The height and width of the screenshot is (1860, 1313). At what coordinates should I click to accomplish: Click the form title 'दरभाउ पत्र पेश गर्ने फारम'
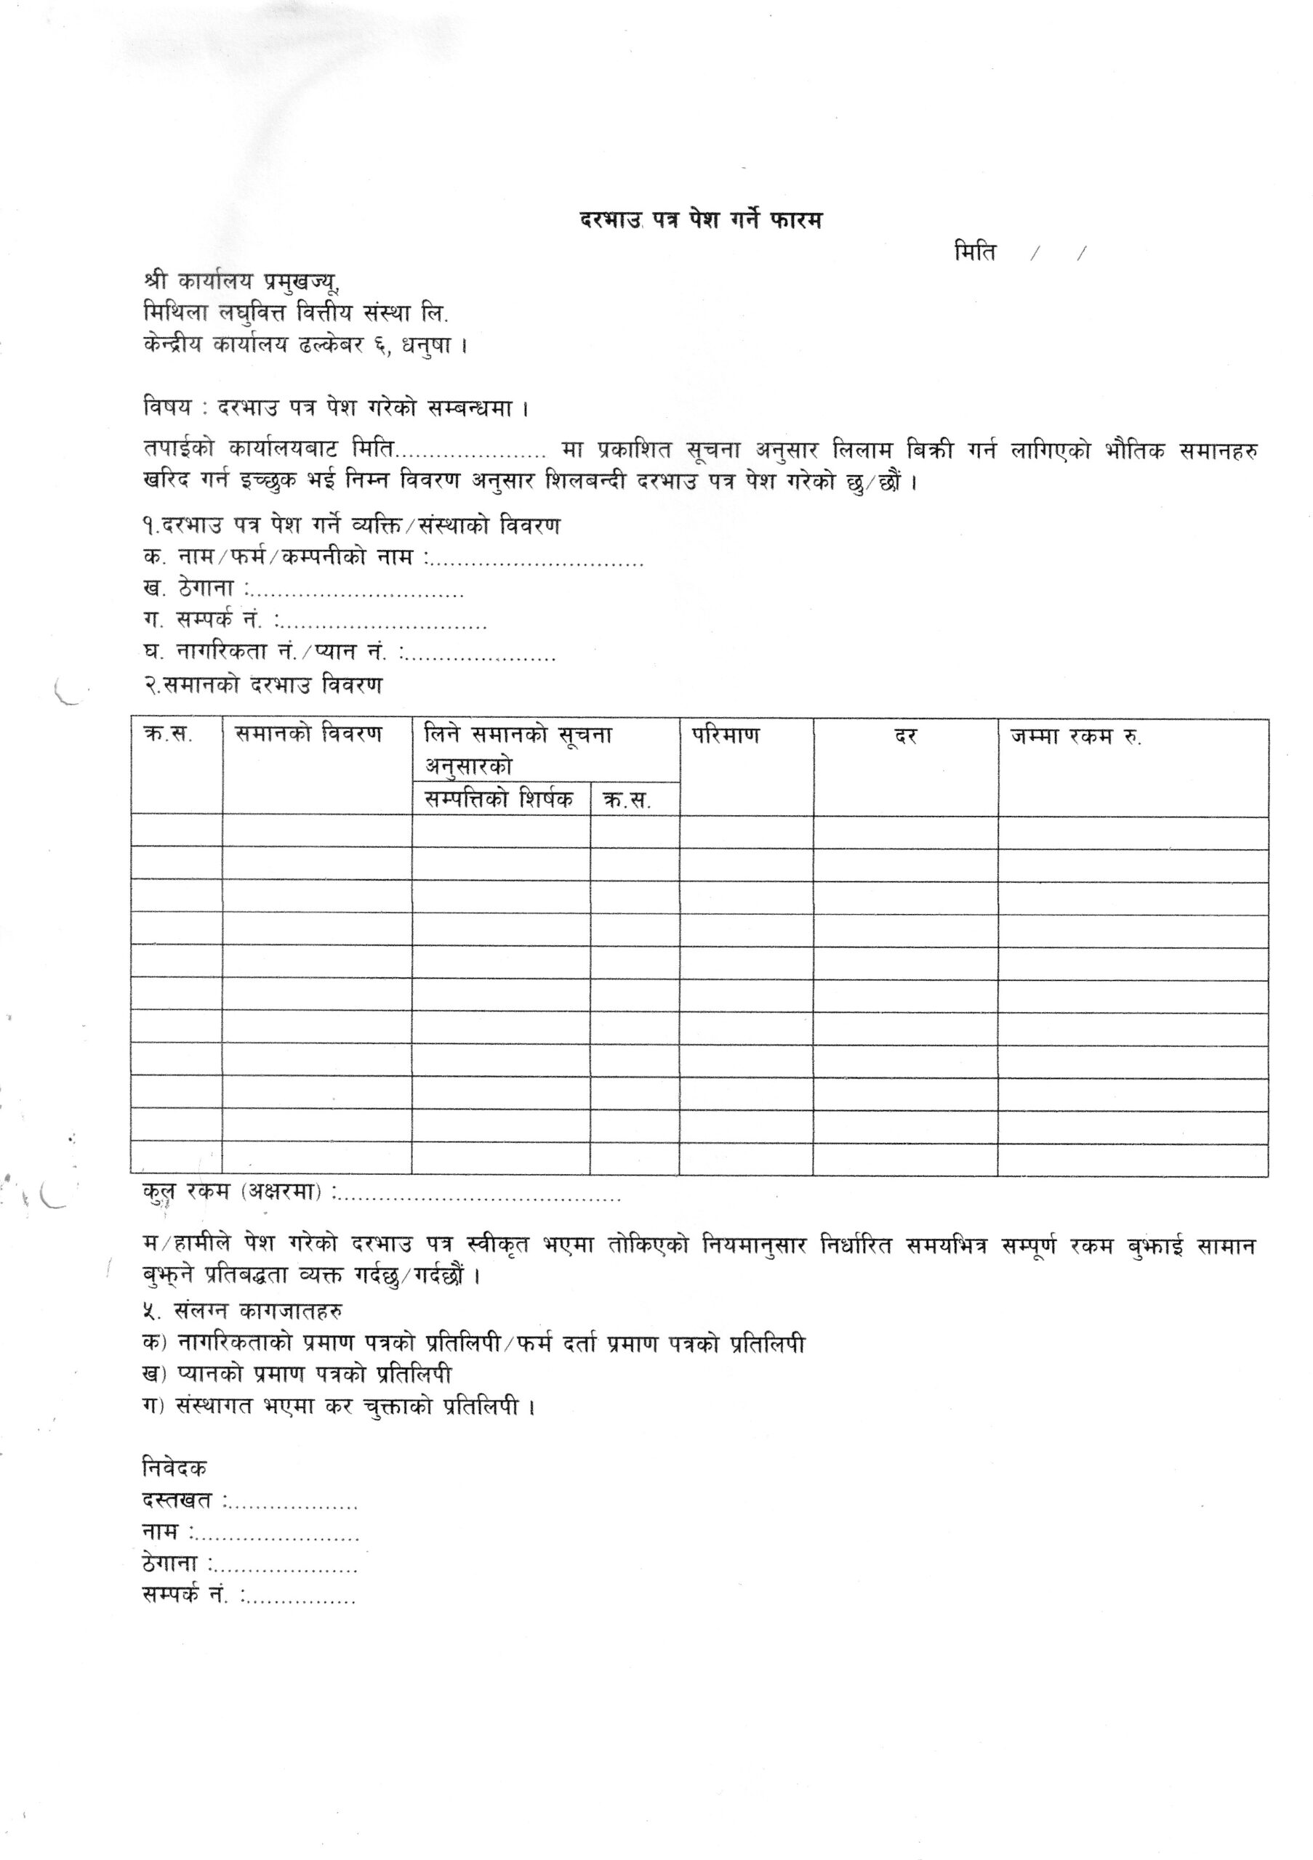[701, 219]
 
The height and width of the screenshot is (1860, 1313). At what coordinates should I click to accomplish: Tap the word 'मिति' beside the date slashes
[975, 252]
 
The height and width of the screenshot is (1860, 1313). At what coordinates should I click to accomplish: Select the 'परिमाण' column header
[726, 735]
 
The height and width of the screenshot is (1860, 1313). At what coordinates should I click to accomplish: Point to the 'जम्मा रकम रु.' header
[1075, 737]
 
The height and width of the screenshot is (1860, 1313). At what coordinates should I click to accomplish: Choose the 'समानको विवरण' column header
[308, 734]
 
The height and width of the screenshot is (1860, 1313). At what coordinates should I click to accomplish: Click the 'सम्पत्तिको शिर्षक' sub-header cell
[499, 798]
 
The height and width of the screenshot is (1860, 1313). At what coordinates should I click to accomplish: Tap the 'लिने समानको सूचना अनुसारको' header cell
[518, 750]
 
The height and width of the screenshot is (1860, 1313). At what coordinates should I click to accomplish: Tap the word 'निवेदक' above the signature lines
[174, 1467]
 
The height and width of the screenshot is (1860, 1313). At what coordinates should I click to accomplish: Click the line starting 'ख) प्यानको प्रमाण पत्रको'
[297, 1375]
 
